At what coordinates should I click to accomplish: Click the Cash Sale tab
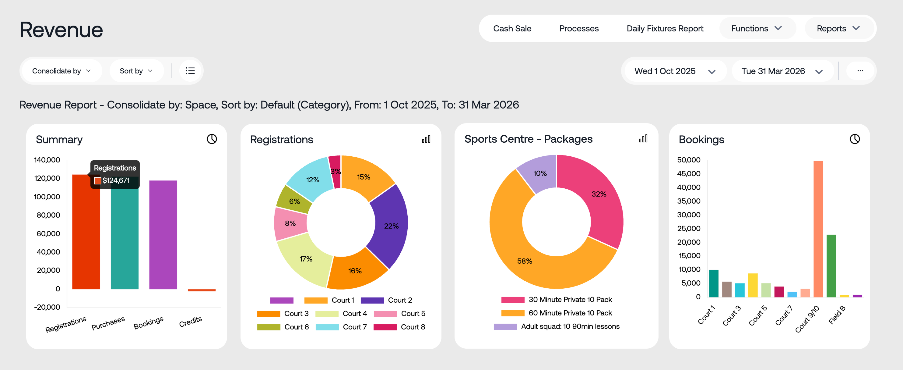512,28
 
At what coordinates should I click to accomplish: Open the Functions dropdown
757,28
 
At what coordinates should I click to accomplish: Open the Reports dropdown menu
838,28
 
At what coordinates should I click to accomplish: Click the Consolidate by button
61,71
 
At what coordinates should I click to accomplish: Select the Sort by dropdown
136,71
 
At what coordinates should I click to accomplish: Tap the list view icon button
190,71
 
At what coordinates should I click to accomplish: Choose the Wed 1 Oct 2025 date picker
674,71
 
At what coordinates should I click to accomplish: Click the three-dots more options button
860,71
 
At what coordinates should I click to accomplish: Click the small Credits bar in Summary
202,290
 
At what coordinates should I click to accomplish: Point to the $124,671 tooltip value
116,180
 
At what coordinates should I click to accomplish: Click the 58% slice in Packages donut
525,261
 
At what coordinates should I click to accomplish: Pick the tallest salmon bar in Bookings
818,228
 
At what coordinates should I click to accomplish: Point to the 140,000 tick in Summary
47,160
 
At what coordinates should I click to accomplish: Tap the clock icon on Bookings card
855,139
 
